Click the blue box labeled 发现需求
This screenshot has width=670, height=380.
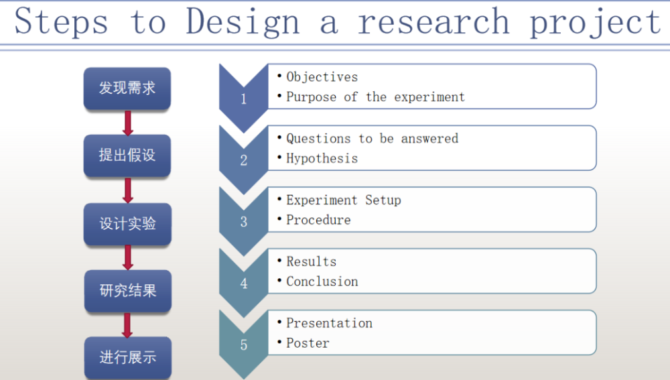click(x=127, y=88)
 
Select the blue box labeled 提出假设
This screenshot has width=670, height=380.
click(x=127, y=155)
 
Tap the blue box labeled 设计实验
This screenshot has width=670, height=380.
click(x=128, y=224)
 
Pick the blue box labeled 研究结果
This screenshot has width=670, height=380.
click(x=128, y=291)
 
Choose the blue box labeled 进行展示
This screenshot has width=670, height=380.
click(x=128, y=357)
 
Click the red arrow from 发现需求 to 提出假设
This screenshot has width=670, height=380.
click(x=127, y=123)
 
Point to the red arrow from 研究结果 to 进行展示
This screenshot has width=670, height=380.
click(x=127, y=325)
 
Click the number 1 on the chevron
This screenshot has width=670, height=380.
click(x=244, y=99)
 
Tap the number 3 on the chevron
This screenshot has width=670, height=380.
click(x=244, y=221)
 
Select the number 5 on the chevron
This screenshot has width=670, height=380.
click(x=244, y=344)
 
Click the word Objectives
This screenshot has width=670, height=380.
click(x=322, y=77)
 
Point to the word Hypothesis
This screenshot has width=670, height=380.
click(x=322, y=159)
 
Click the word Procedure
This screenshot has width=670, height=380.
click(x=318, y=220)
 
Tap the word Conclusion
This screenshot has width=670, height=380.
click(x=322, y=281)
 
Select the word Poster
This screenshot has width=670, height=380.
click(x=308, y=343)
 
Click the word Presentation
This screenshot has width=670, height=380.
click(x=329, y=323)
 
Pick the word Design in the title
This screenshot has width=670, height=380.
click(x=243, y=22)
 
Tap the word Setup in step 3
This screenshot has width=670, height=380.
click(x=383, y=200)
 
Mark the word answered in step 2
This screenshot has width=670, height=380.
click(x=429, y=139)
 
